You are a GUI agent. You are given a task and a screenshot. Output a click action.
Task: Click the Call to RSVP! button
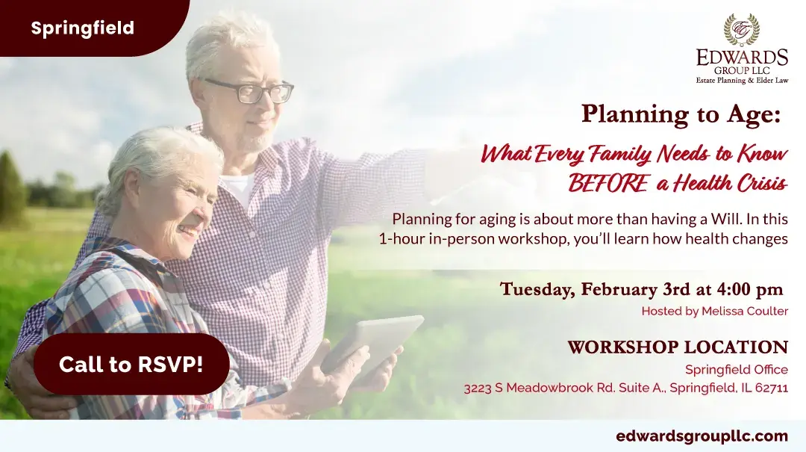(x=131, y=365)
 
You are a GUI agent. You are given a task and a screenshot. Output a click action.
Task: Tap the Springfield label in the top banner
(x=82, y=28)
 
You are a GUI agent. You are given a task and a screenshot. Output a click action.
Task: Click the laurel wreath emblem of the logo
(x=742, y=30)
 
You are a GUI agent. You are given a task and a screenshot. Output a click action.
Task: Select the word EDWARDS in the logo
(x=743, y=57)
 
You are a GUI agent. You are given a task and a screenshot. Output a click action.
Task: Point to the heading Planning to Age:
(x=681, y=114)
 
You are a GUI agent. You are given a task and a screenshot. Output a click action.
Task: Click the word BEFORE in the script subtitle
(x=608, y=183)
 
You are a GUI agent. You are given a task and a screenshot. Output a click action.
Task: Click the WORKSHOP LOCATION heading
(x=678, y=347)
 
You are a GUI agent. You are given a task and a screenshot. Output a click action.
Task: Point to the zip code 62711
(x=772, y=388)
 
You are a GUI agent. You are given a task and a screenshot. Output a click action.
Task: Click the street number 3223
(x=478, y=388)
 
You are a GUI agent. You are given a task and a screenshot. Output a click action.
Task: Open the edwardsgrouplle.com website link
(x=702, y=436)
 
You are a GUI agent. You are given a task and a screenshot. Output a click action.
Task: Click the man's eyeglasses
(x=249, y=90)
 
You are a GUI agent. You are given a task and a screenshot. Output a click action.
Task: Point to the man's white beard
(x=255, y=138)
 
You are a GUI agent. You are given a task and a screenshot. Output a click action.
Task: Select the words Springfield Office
(x=737, y=370)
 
